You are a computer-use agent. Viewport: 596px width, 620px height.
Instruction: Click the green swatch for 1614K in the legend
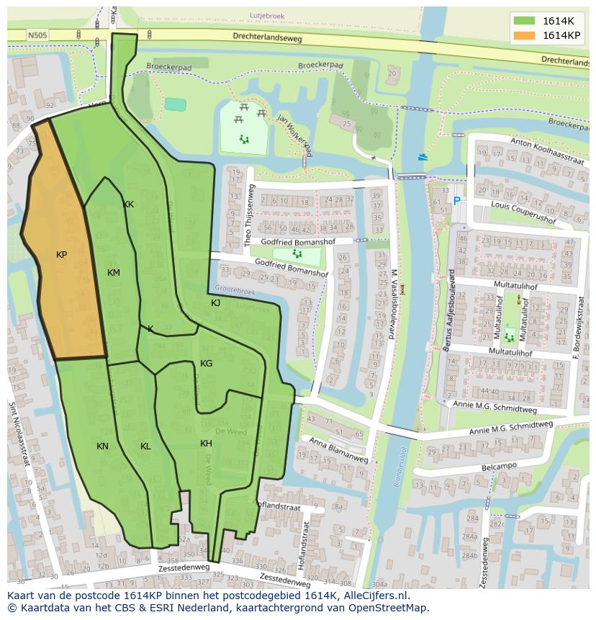pyautogui.click(x=525, y=21)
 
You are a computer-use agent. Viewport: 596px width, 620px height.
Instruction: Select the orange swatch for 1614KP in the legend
pyautogui.click(x=525, y=35)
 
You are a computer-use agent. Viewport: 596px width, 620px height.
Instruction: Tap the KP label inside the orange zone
pyautogui.click(x=62, y=255)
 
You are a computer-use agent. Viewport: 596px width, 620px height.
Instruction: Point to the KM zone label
pyautogui.click(x=114, y=272)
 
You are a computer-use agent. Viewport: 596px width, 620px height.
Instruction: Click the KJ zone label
pyautogui.click(x=215, y=303)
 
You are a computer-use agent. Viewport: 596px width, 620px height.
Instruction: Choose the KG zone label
pyautogui.click(x=207, y=364)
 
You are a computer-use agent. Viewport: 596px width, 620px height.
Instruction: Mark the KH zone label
pyautogui.click(x=207, y=444)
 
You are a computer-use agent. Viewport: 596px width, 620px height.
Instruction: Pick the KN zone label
pyautogui.click(x=103, y=446)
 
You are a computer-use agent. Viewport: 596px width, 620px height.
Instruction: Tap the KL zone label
pyautogui.click(x=146, y=446)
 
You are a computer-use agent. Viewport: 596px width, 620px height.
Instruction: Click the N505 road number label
pyautogui.click(x=37, y=34)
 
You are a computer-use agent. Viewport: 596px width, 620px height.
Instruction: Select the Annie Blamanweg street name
pyautogui.click(x=338, y=450)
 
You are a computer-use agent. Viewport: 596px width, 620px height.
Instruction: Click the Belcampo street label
pyautogui.click(x=500, y=467)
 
